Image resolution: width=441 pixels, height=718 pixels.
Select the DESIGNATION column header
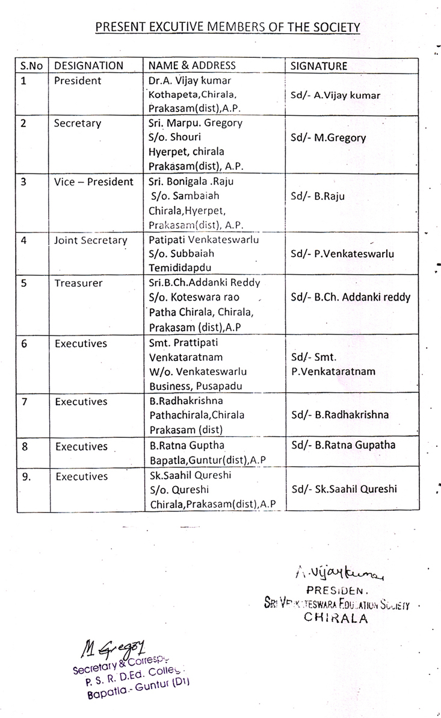pyautogui.click(x=88, y=66)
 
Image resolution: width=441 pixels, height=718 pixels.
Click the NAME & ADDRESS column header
pyautogui.click(x=192, y=66)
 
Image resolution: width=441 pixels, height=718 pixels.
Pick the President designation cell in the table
pyautogui.click(x=78, y=81)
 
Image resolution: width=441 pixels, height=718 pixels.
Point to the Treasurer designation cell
pyautogui.click(x=78, y=283)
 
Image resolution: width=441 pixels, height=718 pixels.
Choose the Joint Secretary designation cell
pyautogui.click(x=91, y=240)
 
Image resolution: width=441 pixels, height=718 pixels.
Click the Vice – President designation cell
pyautogui.click(x=94, y=181)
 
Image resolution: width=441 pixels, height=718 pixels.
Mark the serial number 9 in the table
pyautogui.click(x=25, y=476)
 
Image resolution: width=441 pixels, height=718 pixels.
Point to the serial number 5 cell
pyautogui.click(x=23, y=283)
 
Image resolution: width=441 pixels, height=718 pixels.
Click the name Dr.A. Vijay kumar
pyautogui.click(x=189, y=81)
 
